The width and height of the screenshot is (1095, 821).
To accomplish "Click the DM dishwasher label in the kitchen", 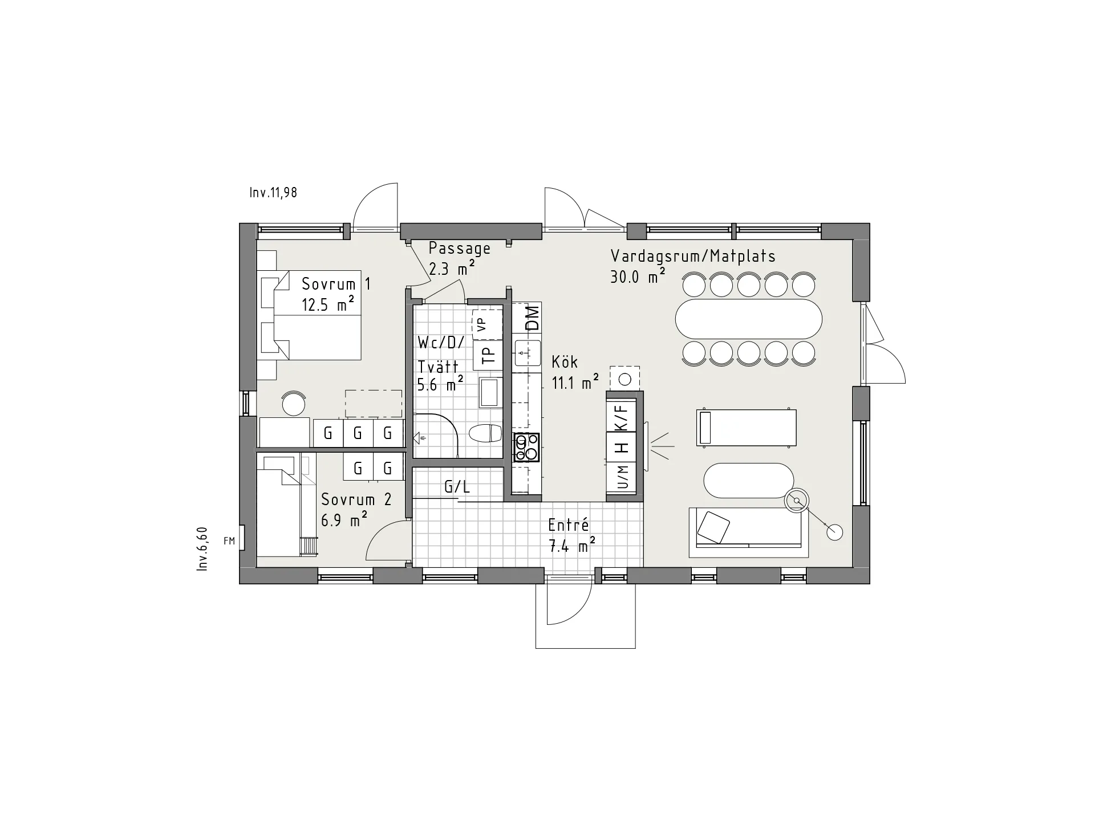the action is pyautogui.click(x=532, y=318).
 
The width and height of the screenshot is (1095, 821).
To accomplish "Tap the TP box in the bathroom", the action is pyautogui.click(x=488, y=355).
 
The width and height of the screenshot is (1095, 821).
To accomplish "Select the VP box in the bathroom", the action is pyautogui.click(x=487, y=325).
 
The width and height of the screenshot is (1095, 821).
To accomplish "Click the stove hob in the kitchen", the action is pyautogui.click(x=526, y=448).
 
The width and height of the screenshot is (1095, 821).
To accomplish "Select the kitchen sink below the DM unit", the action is pyautogui.click(x=527, y=353).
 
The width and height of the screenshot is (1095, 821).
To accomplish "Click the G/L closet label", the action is pyautogui.click(x=457, y=487).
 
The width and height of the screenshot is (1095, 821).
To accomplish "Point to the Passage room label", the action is pyautogui.click(x=460, y=249).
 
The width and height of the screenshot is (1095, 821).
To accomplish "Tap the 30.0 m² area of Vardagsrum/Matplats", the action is pyautogui.click(x=638, y=276).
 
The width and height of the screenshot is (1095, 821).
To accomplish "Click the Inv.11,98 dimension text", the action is pyautogui.click(x=273, y=193).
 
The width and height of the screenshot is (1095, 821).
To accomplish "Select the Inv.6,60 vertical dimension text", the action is pyautogui.click(x=202, y=549).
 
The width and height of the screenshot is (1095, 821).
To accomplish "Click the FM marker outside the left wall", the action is pyautogui.click(x=229, y=541).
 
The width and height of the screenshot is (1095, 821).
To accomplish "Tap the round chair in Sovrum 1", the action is pyautogui.click(x=294, y=403).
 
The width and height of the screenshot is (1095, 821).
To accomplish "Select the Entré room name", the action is pyautogui.click(x=568, y=525).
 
